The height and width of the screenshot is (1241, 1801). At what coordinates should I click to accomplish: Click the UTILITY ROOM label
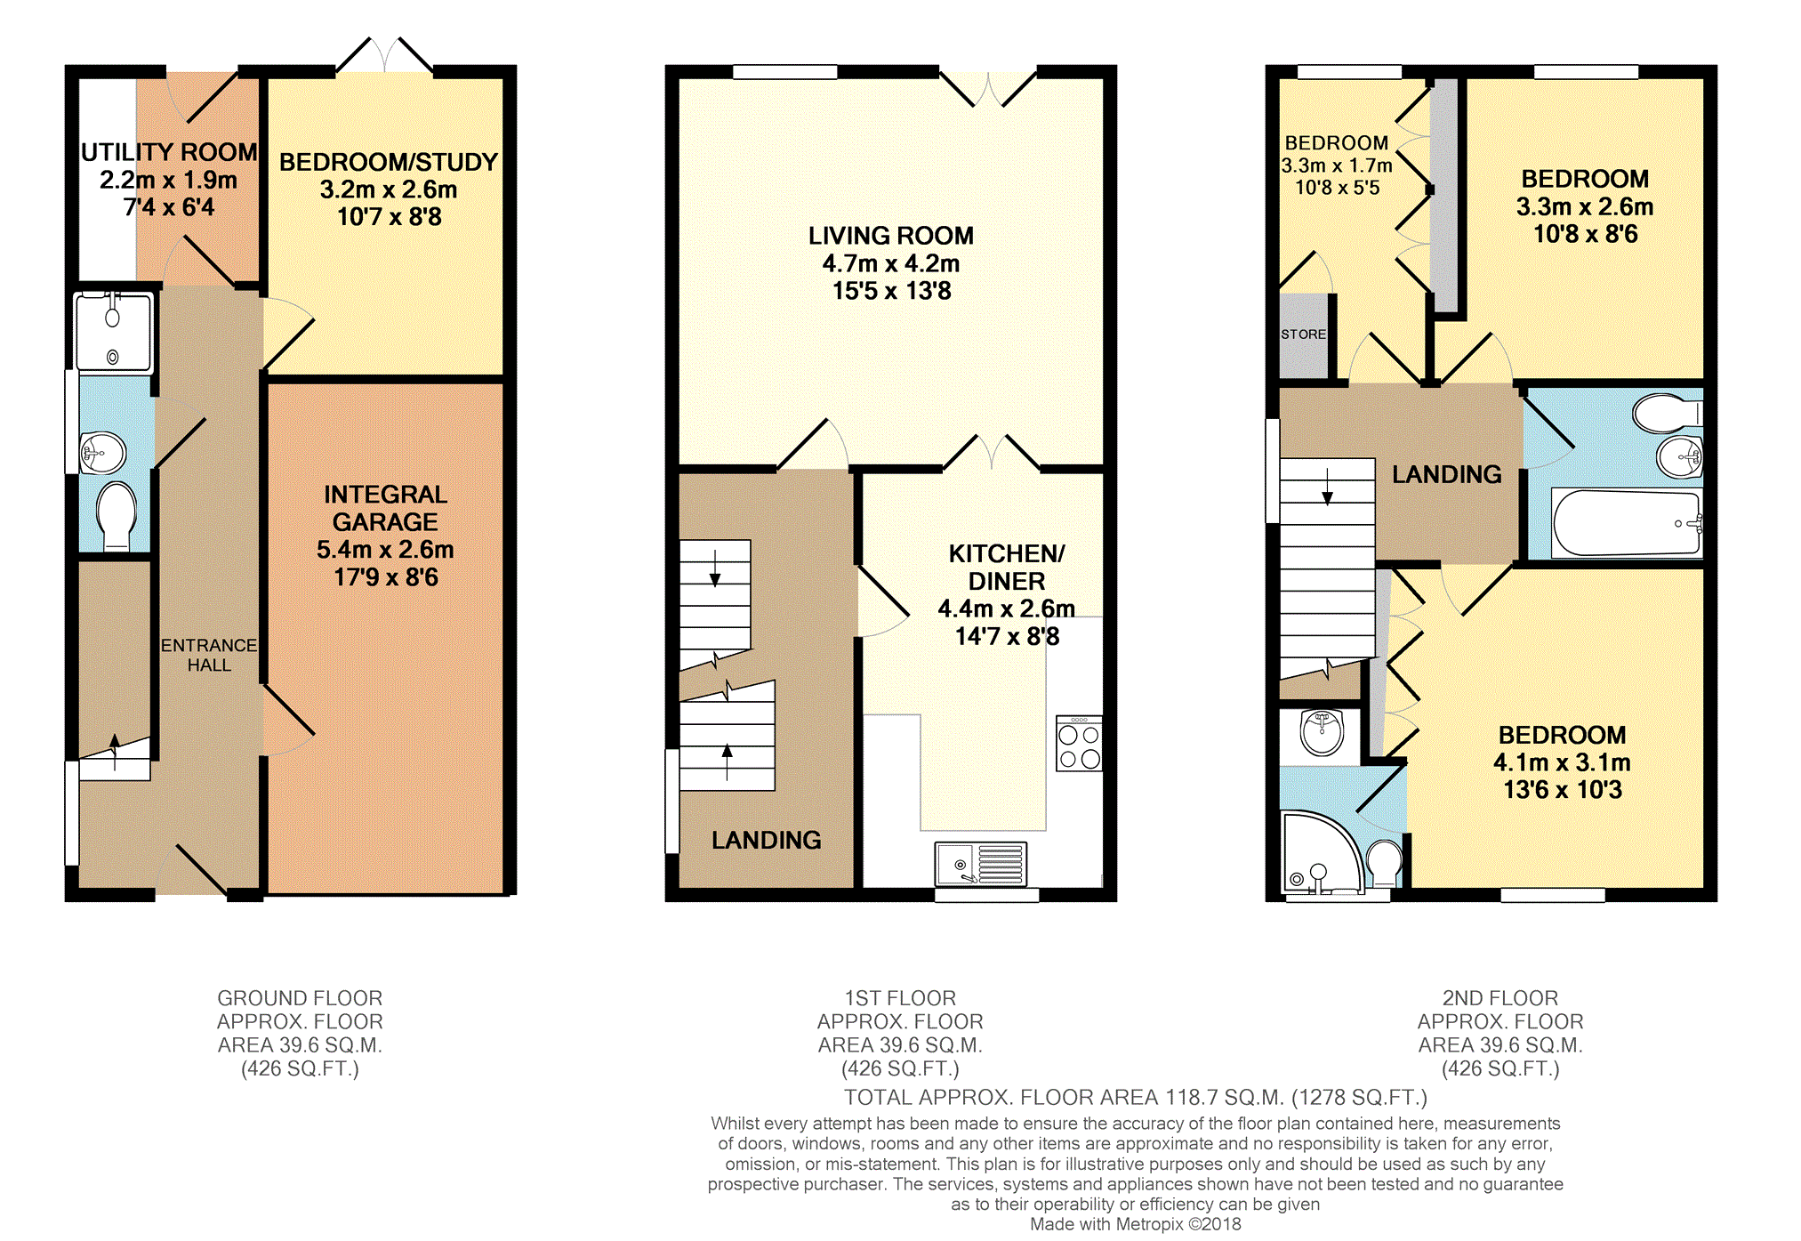[x=169, y=153]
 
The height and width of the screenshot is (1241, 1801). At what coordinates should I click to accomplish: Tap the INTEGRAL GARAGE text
[x=385, y=508]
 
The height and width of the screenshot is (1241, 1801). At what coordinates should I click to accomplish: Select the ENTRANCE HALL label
[x=209, y=655]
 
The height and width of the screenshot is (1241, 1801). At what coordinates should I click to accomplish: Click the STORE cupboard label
[x=1303, y=334]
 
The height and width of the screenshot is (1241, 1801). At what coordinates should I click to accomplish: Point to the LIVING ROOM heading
[x=891, y=236]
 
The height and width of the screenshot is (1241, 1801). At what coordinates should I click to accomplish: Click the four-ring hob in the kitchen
[x=1079, y=744]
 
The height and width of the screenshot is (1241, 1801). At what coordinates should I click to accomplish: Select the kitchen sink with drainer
[x=981, y=864]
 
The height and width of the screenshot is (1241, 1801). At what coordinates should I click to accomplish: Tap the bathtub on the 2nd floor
[x=1627, y=523]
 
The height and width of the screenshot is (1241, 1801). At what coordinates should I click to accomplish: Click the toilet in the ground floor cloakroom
[x=117, y=516]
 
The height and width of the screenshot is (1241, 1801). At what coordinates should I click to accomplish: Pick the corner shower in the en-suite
[x=1321, y=852]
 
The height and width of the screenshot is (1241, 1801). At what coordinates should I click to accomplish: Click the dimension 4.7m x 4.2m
[x=891, y=263]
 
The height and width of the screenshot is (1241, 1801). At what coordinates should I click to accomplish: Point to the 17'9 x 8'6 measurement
[x=386, y=577]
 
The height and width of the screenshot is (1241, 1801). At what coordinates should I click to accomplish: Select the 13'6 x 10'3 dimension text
[x=1563, y=790]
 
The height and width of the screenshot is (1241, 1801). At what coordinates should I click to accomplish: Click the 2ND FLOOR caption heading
[x=1500, y=998]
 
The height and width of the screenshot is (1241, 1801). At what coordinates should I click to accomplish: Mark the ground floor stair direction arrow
[x=115, y=753]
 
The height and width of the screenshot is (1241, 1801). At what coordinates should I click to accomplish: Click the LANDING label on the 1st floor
[x=766, y=840]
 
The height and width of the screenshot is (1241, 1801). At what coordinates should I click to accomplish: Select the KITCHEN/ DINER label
[x=1007, y=568]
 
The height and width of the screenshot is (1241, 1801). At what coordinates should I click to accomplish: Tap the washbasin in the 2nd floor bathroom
[x=1680, y=457]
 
